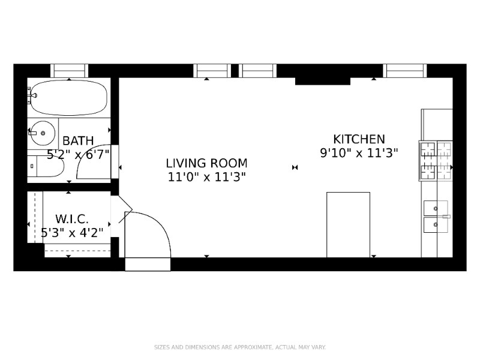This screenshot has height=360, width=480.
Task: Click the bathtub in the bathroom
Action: (x=68, y=98)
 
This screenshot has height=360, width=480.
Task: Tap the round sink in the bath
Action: (x=42, y=131)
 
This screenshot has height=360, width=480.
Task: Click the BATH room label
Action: (x=78, y=141)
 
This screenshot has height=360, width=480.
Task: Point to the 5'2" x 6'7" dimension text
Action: (x=78, y=154)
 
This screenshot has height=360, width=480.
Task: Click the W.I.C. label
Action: (x=72, y=219)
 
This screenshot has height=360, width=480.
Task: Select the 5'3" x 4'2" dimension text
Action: (x=72, y=232)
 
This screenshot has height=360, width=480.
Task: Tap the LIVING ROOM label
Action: (x=206, y=163)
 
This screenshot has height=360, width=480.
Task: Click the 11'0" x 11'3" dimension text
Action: (x=206, y=176)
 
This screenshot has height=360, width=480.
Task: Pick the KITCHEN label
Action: (x=359, y=139)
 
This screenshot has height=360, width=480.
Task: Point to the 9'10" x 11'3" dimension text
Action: (x=359, y=153)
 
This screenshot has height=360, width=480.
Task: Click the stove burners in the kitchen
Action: (x=436, y=161)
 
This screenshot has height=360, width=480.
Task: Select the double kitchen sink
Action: (x=436, y=216)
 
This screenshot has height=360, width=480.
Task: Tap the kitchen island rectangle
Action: (x=348, y=224)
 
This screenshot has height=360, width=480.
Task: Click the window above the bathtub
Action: (x=69, y=71)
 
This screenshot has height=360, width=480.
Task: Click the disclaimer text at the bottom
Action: (x=240, y=347)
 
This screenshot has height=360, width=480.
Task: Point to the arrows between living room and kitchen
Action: (x=295, y=167)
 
